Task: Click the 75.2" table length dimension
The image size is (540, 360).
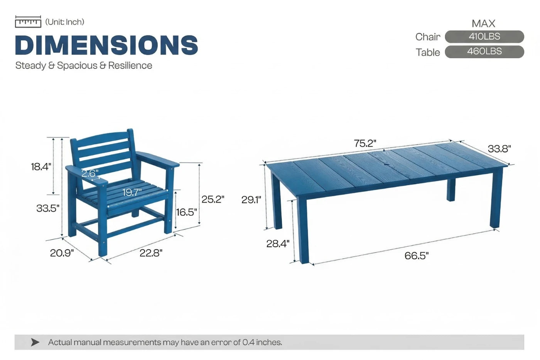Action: tap(364, 144)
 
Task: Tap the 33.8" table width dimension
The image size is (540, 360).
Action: tap(499, 149)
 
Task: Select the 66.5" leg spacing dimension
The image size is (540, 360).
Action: tap(416, 255)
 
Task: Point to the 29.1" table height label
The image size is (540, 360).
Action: tap(251, 199)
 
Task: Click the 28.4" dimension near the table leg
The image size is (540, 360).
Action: tap(278, 243)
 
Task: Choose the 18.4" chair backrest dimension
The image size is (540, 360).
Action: tap(41, 167)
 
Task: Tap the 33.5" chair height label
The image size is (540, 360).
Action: tap(47, 208)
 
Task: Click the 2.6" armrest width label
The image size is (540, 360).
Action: tap(90, 173)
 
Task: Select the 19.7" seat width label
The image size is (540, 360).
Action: tap(132, 192)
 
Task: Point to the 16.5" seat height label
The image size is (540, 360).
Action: tap(186, 212)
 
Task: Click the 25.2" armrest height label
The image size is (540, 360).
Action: tap(213, 199)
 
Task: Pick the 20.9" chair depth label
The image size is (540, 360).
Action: tap(62, 253)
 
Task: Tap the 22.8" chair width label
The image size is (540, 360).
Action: tap(151, 253)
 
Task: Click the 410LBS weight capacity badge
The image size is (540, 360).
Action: tap(484, 37)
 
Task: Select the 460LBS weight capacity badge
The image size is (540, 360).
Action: tap(484, 52)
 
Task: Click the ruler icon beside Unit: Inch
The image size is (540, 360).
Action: tap(28, 22)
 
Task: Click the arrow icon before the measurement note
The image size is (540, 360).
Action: tap(35, 342)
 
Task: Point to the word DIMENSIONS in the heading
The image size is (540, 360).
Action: tap(106, 45)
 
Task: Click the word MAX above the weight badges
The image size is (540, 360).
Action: tap(483, 24)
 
